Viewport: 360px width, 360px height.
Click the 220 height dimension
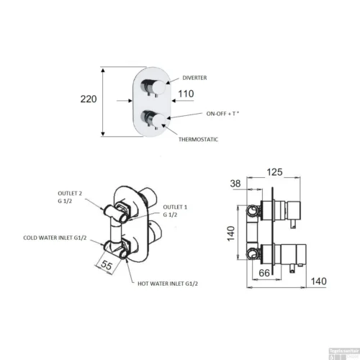point(89,102)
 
